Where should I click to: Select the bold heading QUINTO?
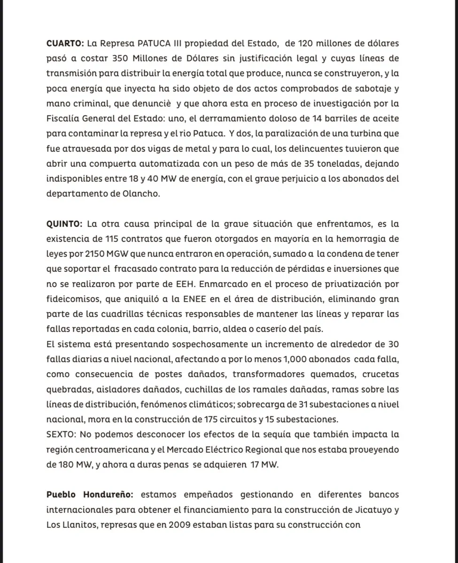point(64,225)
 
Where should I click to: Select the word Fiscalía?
point(63,119)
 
